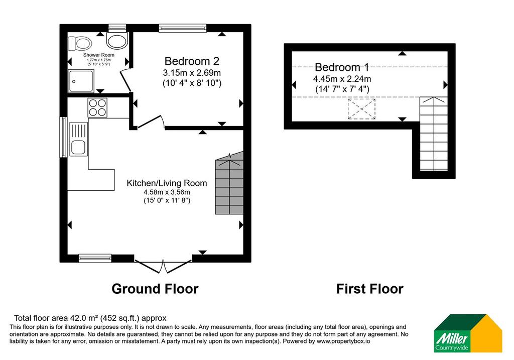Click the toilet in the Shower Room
(79, 43)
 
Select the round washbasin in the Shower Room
(116, 40)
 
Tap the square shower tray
(81, 81)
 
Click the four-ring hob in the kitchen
(97, 107)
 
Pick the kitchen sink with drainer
(79, 139)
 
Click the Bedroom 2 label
(192, 61)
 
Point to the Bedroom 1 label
(342, 67)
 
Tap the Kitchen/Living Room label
(167, 183)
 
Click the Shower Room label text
(99, 55)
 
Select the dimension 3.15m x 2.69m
(192, 72)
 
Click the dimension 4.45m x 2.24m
(342, 79)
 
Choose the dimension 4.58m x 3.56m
(167, 192)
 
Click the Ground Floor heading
(155, 289)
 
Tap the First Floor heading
(370, 289)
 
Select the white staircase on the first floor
(434, 134)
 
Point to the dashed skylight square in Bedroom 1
(361, 108)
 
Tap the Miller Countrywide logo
(468, 333)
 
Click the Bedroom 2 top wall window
(183, 28)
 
